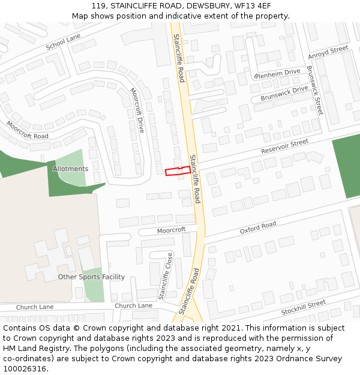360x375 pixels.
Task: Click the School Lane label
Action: (x=63, y=41)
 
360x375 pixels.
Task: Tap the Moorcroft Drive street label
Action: (x=137, y=110)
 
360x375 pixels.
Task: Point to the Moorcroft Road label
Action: (x=28, y=130)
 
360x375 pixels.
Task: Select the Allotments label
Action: (x=70, y=169)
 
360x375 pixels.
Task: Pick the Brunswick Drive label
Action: (x=284, y=93)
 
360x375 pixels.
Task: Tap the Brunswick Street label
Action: (x=315, y=90)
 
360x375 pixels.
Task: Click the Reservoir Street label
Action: (x=284, y=146)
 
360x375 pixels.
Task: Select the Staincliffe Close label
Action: (x=166, y=276)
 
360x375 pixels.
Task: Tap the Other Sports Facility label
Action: (x=91, y=277)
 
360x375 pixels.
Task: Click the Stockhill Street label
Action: (x=304, y=308)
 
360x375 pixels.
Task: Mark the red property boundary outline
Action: (x=178, y=171)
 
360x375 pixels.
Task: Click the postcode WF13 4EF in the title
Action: (x=254, y=6)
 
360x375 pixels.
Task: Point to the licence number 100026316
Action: (x=26, y=368)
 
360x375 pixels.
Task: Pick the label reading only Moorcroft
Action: (x=172, y=230)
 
